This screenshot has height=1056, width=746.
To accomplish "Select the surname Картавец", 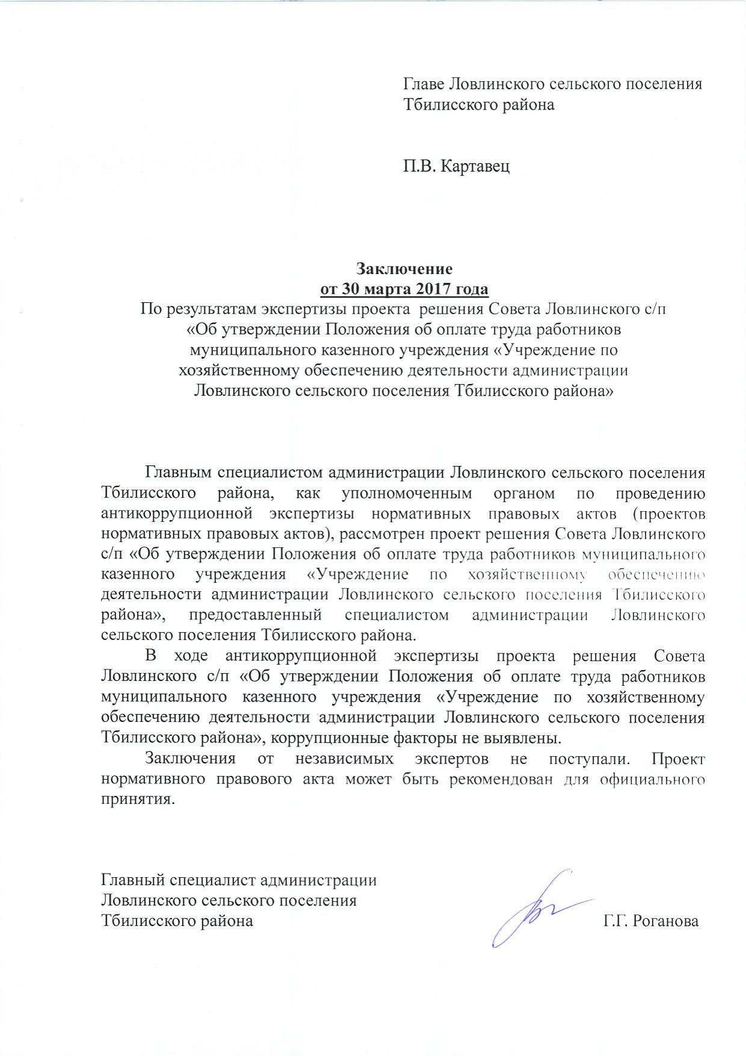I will pyautogui.click(x=475, y=166).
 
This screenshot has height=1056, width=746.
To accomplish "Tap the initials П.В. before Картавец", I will pyautogui.click(x=420, y=166).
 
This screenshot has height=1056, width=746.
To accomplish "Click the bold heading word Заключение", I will pyautogui.click(x=404, y=268).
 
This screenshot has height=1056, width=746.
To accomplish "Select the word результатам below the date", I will pyautogui.click(x=212, y=309).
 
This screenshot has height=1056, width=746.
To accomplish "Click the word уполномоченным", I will pyautogui.click(x=407, y=493).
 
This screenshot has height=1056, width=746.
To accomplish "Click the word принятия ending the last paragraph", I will pyautogui.click(x=138, y=800).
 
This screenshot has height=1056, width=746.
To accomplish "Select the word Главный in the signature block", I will pyautogui.click(x=132, y=880).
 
